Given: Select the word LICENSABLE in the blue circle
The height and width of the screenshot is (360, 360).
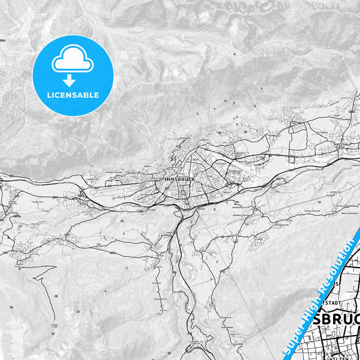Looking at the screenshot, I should coord(72,95).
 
